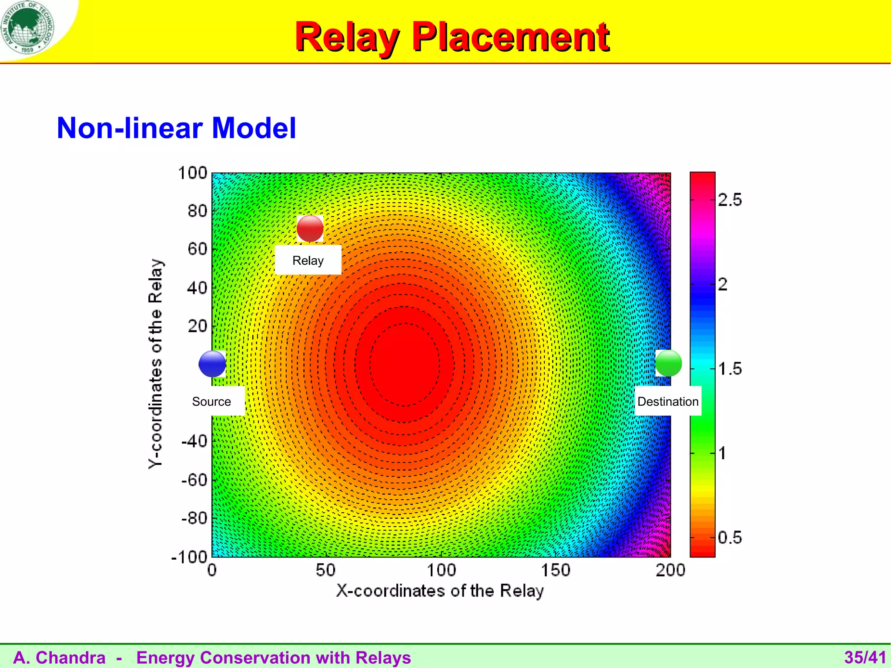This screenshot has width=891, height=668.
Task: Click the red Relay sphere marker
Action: click(310, 228)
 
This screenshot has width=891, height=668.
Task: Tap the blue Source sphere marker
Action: click(212, 364)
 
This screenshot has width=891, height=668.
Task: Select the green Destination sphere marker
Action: click(668, 363)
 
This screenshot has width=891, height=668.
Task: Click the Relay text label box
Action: click(308, 260)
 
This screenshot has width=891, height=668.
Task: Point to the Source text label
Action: click(211, 401)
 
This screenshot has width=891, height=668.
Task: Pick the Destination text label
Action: click(668, 401)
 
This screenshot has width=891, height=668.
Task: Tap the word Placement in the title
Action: click(511, 37)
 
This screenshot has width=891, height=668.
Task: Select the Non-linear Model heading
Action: click(176, 128)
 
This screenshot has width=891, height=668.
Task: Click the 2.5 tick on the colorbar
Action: click(730, 200)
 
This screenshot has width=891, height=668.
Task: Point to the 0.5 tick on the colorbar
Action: click(730, 538)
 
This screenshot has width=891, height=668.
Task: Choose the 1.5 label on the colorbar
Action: click(730, 369)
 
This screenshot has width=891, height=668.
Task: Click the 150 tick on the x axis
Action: click(556, 570)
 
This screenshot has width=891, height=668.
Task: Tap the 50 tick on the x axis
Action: click(325, 570)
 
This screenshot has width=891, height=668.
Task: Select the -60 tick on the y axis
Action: click(194, 480)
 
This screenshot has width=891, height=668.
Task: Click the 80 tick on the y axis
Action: click(197, 211)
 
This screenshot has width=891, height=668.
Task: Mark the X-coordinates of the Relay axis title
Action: click(440, 591)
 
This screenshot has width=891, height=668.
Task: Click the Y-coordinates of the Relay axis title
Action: click(155, 364)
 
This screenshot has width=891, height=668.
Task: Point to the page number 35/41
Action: click(865, 658)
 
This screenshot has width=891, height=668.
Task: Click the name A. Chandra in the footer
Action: click(59, 658)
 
